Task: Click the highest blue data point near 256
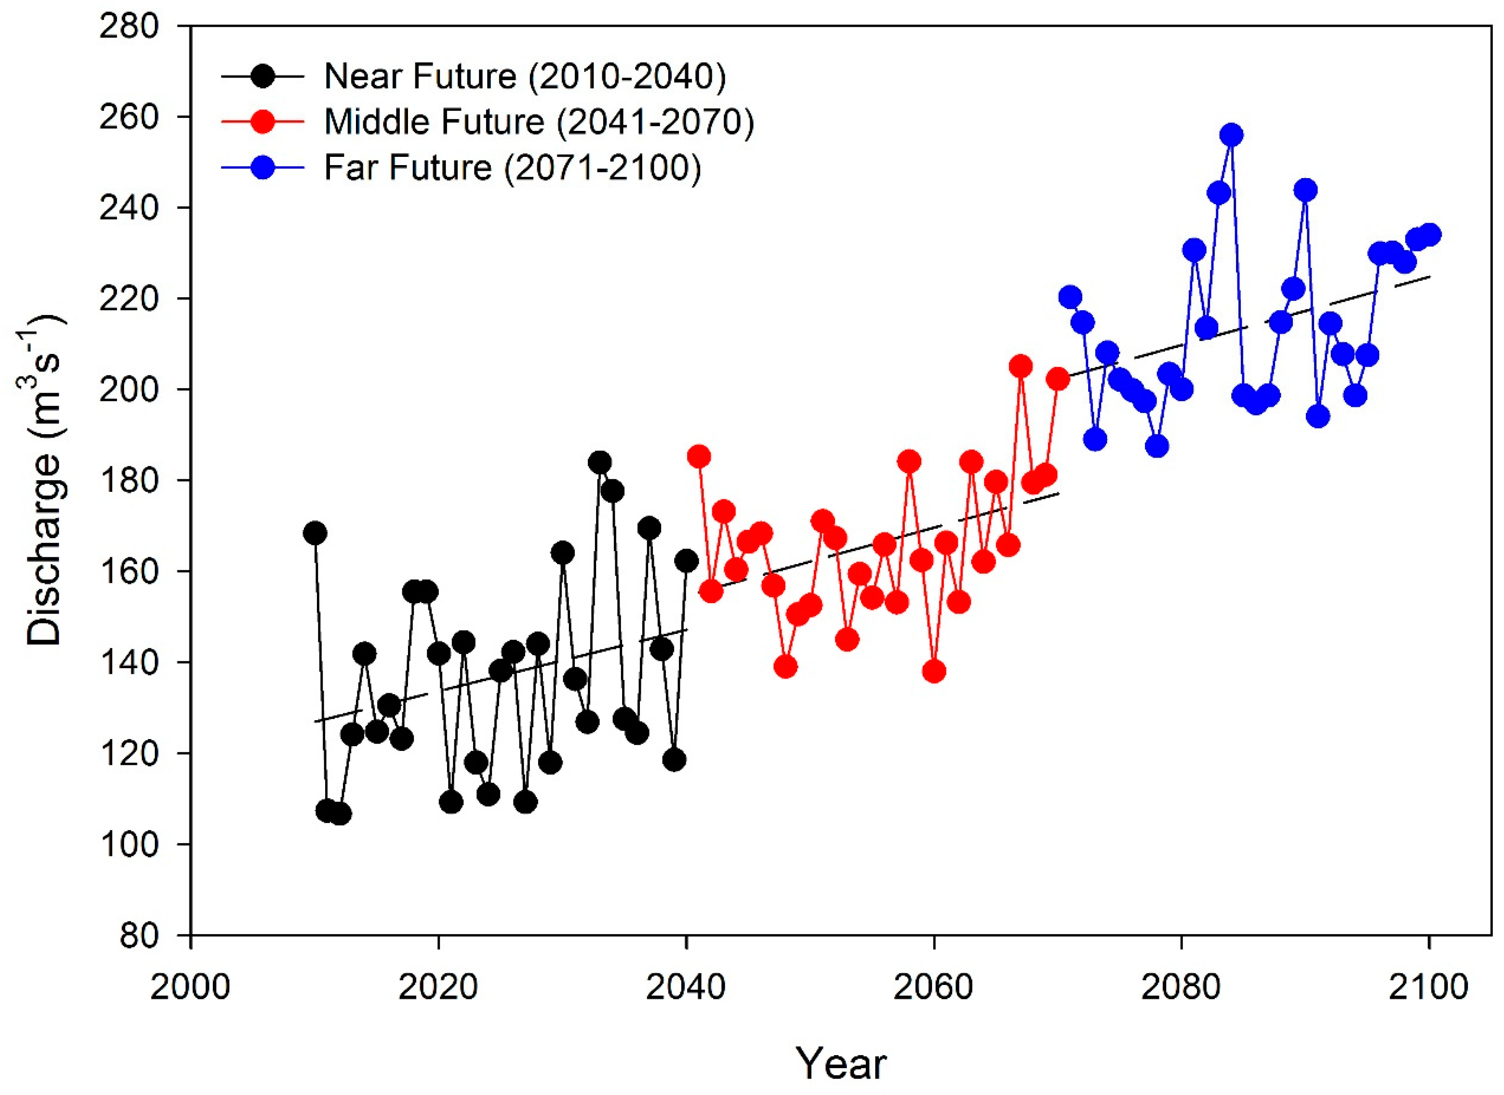pyautogui.click(x=1231, y=135)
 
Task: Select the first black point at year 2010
pyautogui.click(x=315, y=533)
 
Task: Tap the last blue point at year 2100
pyautogui.click(x=1430, y=235)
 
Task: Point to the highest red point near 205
pyautogui.click(x=1021, y=366)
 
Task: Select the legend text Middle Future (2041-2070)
pyautogui.click(x=538, y=122)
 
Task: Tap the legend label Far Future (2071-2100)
pyautogui.click(x=512, y=167)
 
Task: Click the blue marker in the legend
pyautogui.click(x=263, y=167)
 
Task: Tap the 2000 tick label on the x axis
pyautogui.click(x=190, y=988)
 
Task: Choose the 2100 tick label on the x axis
pyautogui.click(x=1429, y=988)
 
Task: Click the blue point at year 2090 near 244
pyautogui.click(x=1305, y=190)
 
